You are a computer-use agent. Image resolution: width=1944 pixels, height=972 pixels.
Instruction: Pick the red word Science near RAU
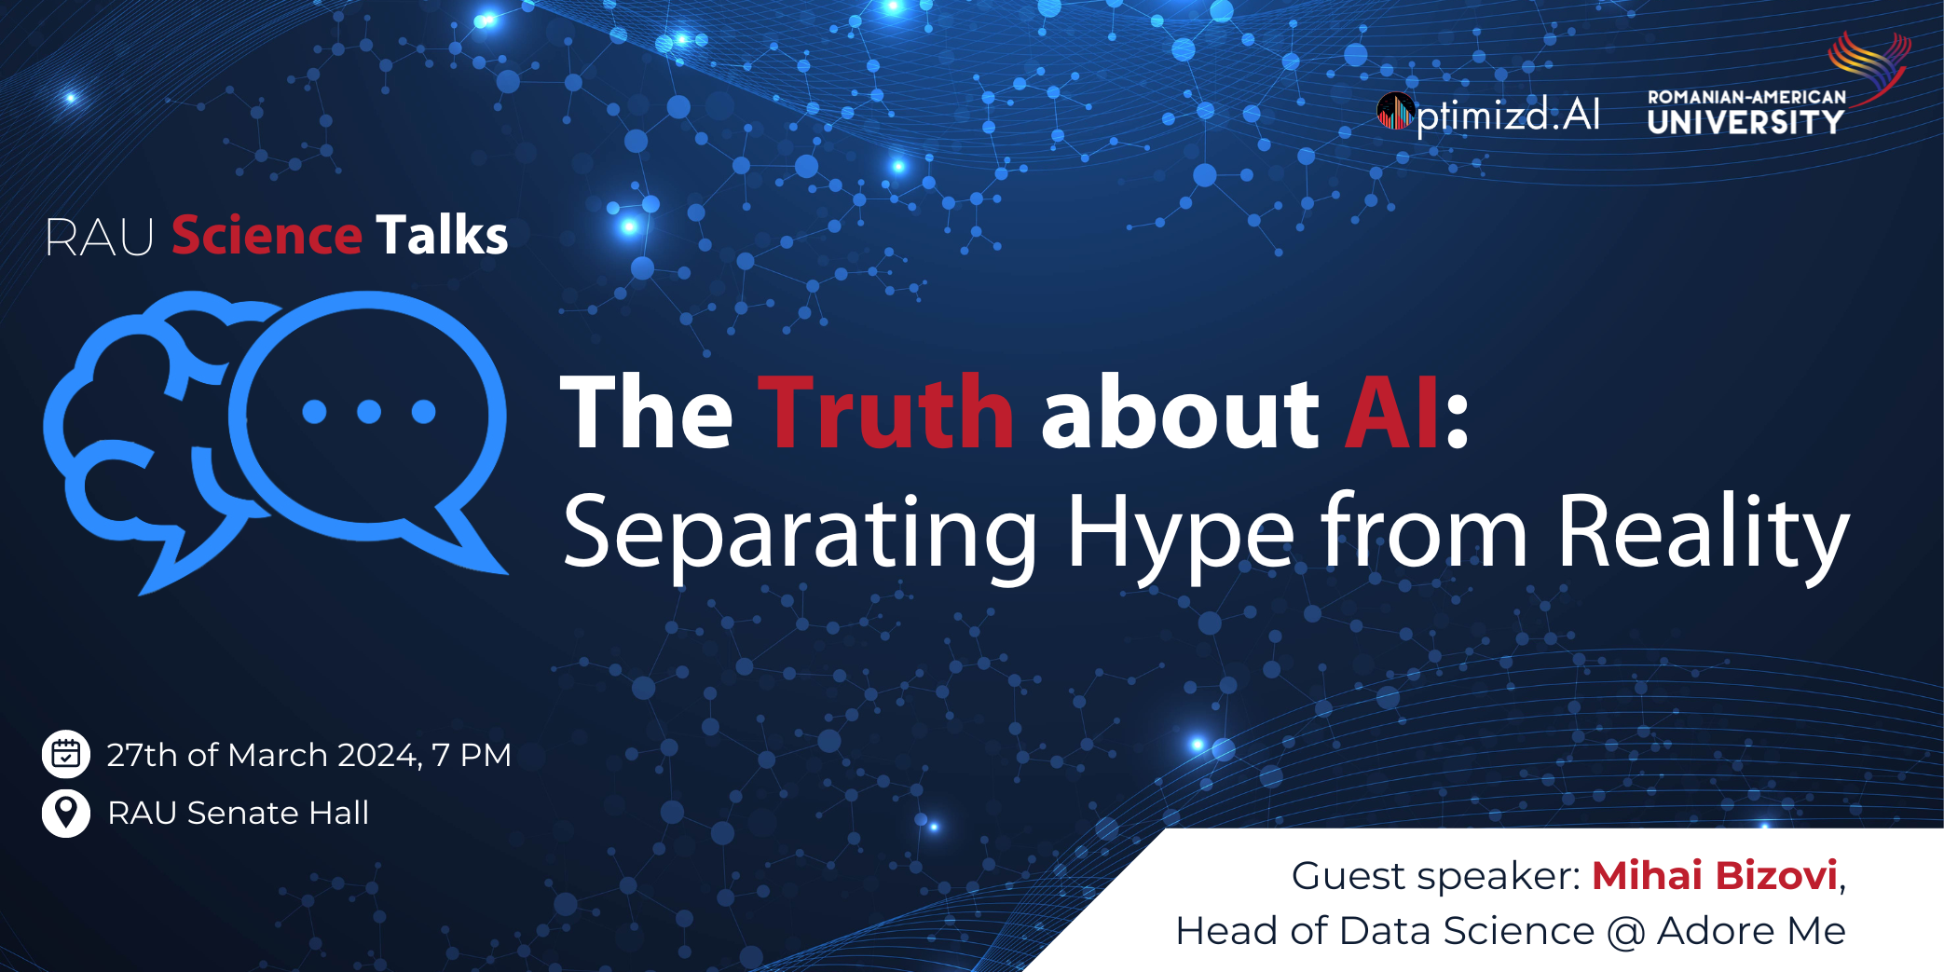tap(267, 235)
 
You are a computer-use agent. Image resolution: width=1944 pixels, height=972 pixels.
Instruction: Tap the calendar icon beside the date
tap(66, 754)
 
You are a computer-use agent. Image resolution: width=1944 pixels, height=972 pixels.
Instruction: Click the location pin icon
tap(66, 813)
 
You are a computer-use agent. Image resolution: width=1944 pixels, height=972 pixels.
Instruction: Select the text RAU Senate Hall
tap(239, 813)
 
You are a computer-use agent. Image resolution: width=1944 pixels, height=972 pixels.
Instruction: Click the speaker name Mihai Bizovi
tap(1715, 875)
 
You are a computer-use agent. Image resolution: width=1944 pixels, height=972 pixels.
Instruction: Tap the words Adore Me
tap(1751, 931)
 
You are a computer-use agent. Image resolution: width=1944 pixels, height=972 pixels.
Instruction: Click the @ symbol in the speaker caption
tap(1626, 932)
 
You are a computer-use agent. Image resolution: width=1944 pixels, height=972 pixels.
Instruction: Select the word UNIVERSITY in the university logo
tap(1746, 122)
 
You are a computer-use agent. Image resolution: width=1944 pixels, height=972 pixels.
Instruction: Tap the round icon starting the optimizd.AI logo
tap(1396, 113)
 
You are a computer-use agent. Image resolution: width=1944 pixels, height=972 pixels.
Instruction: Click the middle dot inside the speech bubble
tap(369, 411)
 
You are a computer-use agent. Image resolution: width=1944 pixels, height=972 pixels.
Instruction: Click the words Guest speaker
tap(1435, 877)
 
